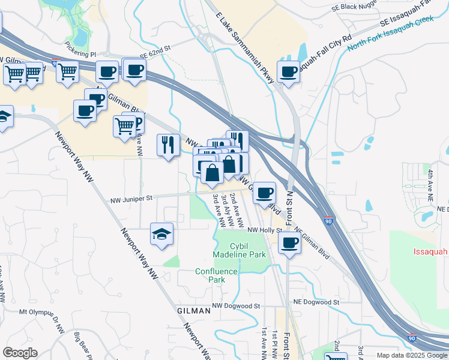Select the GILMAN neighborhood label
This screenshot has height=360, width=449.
194,311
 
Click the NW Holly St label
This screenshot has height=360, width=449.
264,230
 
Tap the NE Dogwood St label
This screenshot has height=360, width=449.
316,302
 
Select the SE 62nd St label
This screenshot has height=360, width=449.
155,53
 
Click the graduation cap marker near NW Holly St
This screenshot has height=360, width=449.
162,233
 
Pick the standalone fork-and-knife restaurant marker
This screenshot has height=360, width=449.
167,145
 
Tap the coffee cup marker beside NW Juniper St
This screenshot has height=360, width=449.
264,193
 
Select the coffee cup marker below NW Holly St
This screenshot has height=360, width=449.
289,244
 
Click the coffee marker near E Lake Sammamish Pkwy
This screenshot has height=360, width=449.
288,71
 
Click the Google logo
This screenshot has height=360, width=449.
20,353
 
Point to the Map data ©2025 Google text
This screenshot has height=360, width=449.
412,355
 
